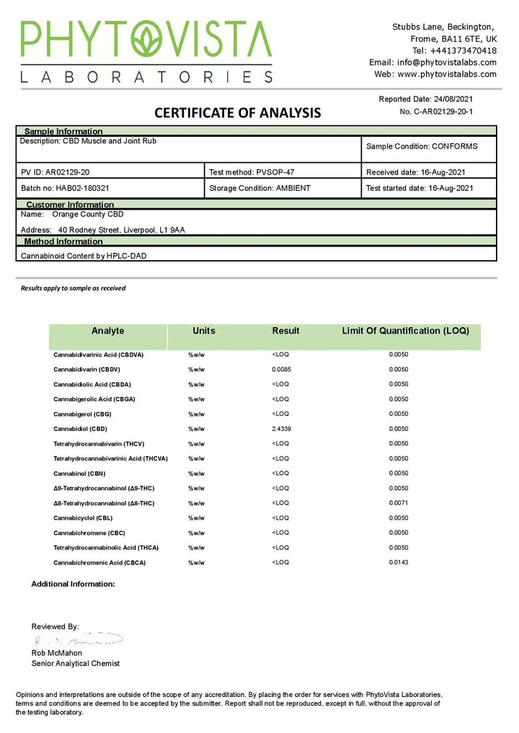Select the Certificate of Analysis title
237,112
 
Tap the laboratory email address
432,62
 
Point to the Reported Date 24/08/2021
426,99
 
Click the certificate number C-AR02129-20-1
436,112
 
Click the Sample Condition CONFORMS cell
422,146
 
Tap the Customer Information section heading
70,205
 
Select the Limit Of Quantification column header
405,331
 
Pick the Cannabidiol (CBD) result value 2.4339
283,429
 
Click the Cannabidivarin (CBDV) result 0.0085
282,369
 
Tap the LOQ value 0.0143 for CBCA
399,562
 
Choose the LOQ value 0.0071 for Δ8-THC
399,503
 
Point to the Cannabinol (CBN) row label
79,474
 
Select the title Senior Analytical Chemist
76,663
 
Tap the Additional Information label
73,584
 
